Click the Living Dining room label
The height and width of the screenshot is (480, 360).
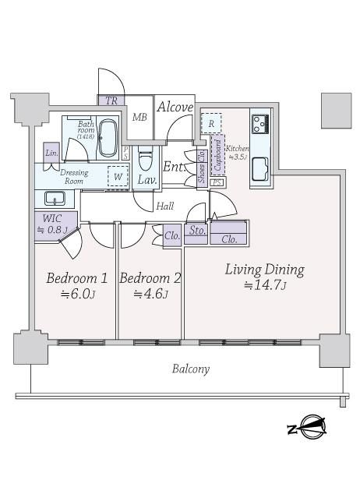click(265, 270)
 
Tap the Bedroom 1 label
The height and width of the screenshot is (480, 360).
click(77, 278)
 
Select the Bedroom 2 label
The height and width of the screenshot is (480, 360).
click(150, 278)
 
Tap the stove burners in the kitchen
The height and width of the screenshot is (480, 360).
click(260, 124)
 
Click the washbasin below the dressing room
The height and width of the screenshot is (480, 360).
click(55, 198)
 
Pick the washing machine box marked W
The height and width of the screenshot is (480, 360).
click(118, 176)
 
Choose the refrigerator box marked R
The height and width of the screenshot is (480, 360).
click(211, 123)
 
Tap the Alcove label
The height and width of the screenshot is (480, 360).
click(175, 107)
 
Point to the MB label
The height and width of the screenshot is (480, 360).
click(139, 117)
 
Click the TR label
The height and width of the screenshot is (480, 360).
click(111, 101)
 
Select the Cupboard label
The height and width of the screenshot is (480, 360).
click(217, 155)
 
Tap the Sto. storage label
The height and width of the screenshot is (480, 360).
click(197, 231)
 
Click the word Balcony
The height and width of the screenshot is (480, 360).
click(191, 369)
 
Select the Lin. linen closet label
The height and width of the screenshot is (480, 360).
click(51, 153)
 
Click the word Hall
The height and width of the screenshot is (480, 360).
click(165, 206)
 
